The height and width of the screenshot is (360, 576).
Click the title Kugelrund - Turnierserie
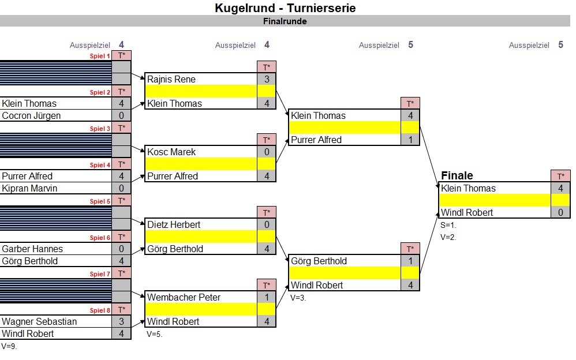[285, 8]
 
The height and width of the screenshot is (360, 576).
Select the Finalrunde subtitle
[285, 21]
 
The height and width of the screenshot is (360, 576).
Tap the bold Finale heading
[457, 175]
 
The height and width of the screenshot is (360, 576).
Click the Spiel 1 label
[100, 56]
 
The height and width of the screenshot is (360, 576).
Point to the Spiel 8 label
[100, 310]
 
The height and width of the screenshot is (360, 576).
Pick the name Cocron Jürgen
[31, 116]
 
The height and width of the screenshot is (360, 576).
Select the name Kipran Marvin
[29, 189]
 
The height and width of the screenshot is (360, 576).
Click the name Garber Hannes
[32, 249]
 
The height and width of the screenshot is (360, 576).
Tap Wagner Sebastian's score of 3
[121, 321]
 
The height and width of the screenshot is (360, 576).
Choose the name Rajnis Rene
[171, 80]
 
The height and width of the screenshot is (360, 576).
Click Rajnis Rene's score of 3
[267, 79]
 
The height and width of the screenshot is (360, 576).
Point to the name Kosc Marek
[171, 152]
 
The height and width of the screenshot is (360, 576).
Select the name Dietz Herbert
[174, 225]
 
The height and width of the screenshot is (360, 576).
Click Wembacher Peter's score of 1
[267, 297]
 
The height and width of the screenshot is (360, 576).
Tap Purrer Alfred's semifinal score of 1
[410, 140]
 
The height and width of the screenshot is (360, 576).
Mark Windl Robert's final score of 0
[560, 212]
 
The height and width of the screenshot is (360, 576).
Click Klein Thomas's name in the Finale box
[469, 189]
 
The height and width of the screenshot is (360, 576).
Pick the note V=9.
[9, 346]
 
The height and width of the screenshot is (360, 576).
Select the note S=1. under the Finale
[448, 225]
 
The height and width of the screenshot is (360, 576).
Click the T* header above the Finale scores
[560, 177]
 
